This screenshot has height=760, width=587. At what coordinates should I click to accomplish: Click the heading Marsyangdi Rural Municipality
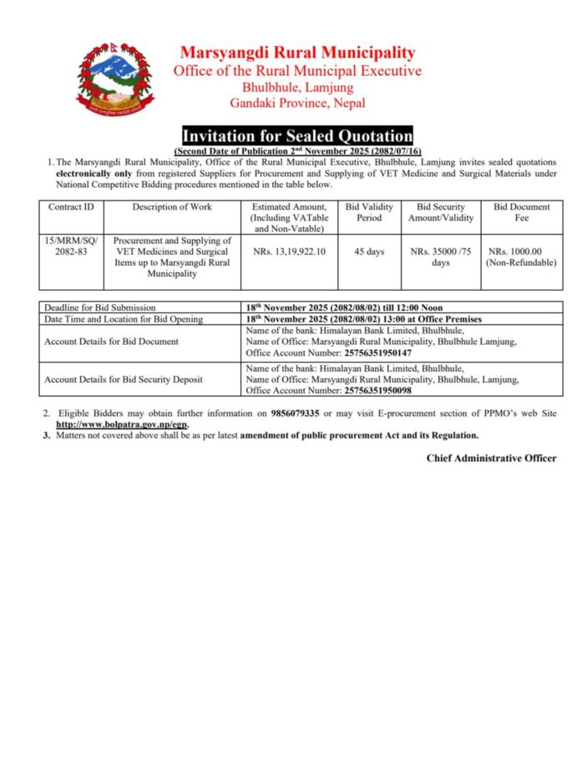pos(297,53)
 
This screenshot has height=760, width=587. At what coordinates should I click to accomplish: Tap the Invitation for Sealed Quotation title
pos(297,135)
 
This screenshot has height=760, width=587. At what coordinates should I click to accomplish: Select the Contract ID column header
pos(71,207)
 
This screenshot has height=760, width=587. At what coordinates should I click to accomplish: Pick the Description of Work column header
pos(172,207)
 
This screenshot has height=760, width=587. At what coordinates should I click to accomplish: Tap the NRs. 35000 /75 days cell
pos(440,256)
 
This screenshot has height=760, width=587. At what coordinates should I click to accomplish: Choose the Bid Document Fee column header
pos(521,212)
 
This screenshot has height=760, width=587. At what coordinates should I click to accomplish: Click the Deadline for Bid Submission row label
pos(100,307)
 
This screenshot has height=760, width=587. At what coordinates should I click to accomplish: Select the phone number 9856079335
pos(296,413)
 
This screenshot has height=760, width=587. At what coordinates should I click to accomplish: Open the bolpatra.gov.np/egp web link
pos(121,424)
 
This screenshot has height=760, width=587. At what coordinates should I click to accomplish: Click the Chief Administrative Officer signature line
pos(491,458)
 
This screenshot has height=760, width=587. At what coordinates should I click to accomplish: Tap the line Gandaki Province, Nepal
pos(297,104)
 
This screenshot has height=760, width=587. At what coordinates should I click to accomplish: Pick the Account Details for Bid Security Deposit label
pos(124,379)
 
